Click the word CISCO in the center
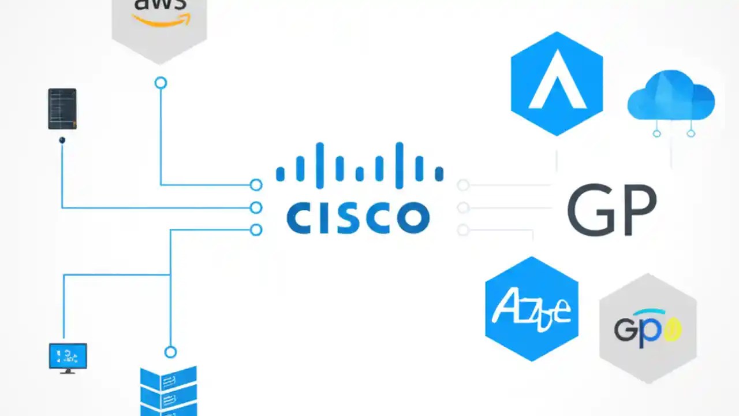click(x=358, y=217)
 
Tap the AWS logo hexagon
click(x=159, y=26)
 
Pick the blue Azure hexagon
click(x=532, y=309)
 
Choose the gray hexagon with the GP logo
click(x=648, y=328)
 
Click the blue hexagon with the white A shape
click(x=557, y=84)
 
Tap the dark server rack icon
click(x=62, y=109)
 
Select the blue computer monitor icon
click(x=68, y=357)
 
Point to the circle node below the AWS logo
click(x=161, y=83)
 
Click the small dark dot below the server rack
click(x=62, y=140)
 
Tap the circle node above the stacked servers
click(x=170, y=352)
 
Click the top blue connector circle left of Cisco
click(x=256, y=185)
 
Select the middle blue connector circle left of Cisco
click(x=256, y=207)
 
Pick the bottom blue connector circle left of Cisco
click(x=256, y=230)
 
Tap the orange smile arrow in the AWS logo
click(x=160, y=21)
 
